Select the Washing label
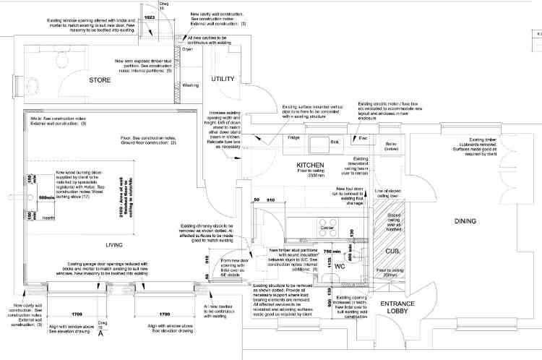coord(191,85)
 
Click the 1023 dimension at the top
coord(150,15)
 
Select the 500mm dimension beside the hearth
coord(46,197)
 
